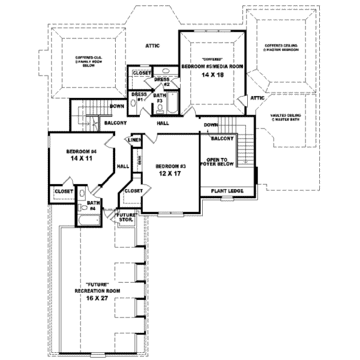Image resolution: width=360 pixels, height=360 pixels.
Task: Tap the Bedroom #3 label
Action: click(x=169, y=166)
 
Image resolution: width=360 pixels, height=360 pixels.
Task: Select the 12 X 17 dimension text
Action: click(x=169, y=173)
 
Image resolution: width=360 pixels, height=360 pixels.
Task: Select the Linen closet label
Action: click(x=134, y=140)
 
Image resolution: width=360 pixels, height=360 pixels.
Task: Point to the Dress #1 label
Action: click(x=138, y=97)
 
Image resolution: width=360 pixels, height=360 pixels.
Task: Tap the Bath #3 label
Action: click(x=160, y=97)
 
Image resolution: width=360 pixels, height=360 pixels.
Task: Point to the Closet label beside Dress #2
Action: click(x=141, y=73)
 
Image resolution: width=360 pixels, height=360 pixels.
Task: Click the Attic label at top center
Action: click(x=151, y=46)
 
